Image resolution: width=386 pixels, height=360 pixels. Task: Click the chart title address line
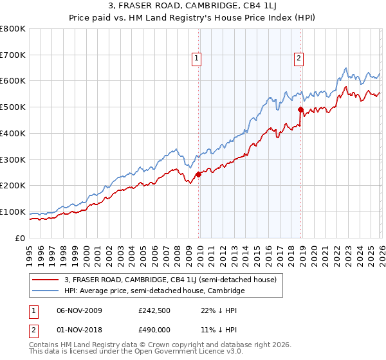coord(193,7)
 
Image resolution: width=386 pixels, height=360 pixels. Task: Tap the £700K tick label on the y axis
coord(13,55)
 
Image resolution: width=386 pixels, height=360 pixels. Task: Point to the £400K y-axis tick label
coord(13,134)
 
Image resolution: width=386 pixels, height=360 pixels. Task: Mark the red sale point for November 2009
coord(198,174)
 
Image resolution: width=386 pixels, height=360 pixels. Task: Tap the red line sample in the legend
coord(46,280)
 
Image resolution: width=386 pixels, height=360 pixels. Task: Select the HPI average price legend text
coord(154,291)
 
